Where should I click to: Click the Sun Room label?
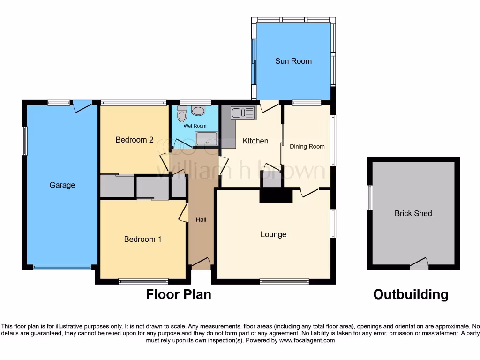pos(293,61)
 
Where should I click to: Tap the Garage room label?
pos(62,185)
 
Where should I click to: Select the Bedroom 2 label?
pos(135,140)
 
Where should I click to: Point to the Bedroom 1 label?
pos(142,239)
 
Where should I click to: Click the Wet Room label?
pos(195,126)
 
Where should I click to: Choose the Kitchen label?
pos(255,141)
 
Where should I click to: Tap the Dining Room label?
pos(307,147)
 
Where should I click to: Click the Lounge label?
pos(273,234)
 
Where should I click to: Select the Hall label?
pos(201,219)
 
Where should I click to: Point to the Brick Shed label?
pos(413,213)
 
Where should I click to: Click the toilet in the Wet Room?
pos(182,113)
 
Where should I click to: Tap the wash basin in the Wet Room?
pos(199,111)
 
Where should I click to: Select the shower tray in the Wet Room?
pos(206,139)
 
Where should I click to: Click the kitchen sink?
pos(242,113)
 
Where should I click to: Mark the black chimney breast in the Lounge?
pos(276,195)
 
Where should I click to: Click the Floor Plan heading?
pos(179,294)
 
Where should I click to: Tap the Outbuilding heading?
pos(411,294)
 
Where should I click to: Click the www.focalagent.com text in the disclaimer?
pos(307,340)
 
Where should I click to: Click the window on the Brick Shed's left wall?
pos(370,197)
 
